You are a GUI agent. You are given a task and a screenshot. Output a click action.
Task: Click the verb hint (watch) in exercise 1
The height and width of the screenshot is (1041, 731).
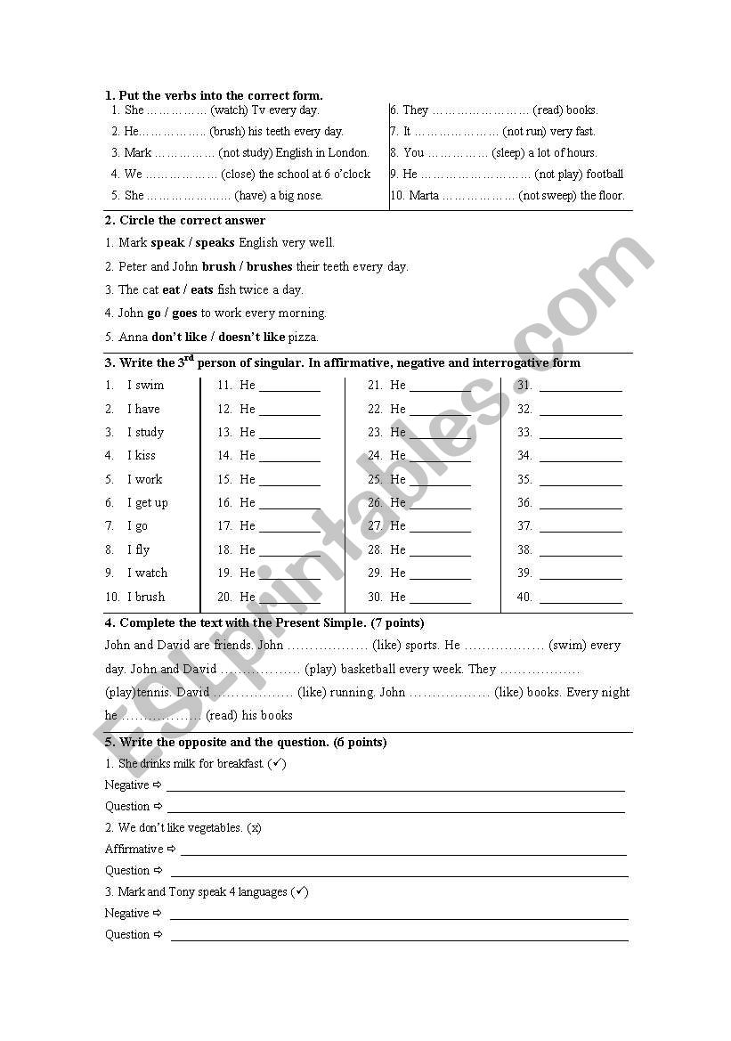pos(230,110)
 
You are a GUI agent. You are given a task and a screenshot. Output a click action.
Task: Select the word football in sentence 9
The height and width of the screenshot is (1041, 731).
pos(605,175)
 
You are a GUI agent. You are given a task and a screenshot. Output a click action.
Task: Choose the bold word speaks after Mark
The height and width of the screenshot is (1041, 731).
pos(215,242)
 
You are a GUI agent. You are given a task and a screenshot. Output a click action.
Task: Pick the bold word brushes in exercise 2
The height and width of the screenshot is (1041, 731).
pos(269,266)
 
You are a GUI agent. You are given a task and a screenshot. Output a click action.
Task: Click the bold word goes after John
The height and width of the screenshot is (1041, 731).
pos(184,313)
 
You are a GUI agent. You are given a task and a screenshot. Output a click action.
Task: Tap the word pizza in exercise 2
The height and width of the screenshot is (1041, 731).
pos(304,337)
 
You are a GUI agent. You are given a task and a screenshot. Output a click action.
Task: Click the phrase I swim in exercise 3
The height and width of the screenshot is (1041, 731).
pos(145,386)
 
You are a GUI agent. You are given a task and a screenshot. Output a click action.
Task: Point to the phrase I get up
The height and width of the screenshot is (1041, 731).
pos(147,503)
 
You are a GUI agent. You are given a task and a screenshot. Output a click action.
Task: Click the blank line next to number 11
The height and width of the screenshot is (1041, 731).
pos(289,388)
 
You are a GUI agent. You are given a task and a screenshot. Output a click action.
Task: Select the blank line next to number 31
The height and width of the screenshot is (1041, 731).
pos(581,388)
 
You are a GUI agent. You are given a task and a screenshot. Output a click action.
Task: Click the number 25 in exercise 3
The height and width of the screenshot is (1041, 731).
pos(375,479)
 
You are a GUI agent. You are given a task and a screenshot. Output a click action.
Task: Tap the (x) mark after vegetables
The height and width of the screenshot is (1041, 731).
pos(255,828)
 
